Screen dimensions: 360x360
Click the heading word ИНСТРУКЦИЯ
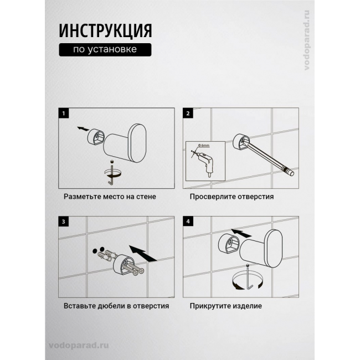(x=105, y=31)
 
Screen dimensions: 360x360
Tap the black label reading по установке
(x=105, y=50)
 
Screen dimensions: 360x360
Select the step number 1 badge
(x=64, y=113)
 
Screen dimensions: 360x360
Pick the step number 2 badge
(x=188, y=113)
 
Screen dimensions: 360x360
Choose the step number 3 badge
(x=64, y=222)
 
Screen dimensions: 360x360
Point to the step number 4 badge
(x=188, y=222)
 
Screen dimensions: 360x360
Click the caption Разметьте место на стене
(x=110, y=197)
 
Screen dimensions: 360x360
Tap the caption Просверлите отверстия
(x=232, y=197)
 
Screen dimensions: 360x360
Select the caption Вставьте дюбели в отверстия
(x=116, y=306)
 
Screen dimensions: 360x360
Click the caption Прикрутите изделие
(x=225, y=306)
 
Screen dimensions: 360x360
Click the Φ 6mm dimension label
(x=204, y=145)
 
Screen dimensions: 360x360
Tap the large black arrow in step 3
(x=143, y=254)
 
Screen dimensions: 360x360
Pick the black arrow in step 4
(x=241, y=233)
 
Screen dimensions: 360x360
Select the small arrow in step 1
(x=83, y=129)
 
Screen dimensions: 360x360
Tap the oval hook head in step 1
(x=137, y=143)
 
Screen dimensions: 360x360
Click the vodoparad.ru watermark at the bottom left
(x=79, y=346)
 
